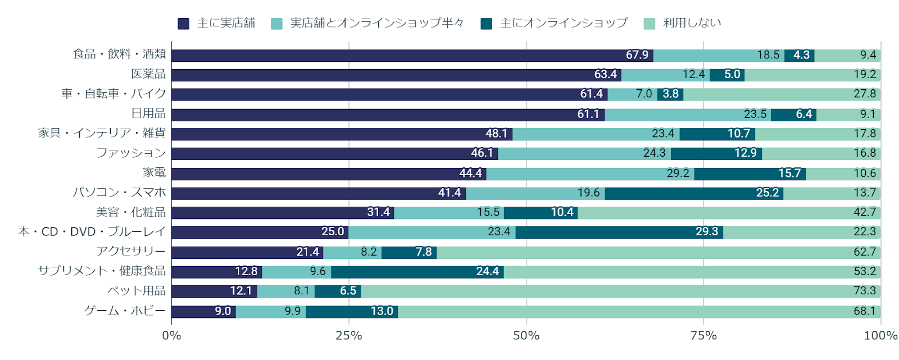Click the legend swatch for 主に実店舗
[183, 24]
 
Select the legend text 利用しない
[692, 23]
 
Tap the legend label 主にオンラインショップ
[564, 23]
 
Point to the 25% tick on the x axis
[349, 335]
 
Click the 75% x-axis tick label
[703, 335]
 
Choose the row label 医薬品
[148, 74]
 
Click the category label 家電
[155, 172]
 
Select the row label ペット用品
[137, 290]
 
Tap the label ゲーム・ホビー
[125, 311]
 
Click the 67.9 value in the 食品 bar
[637, 55]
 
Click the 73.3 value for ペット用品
[864, 291]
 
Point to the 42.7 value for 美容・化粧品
[864, 212]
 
